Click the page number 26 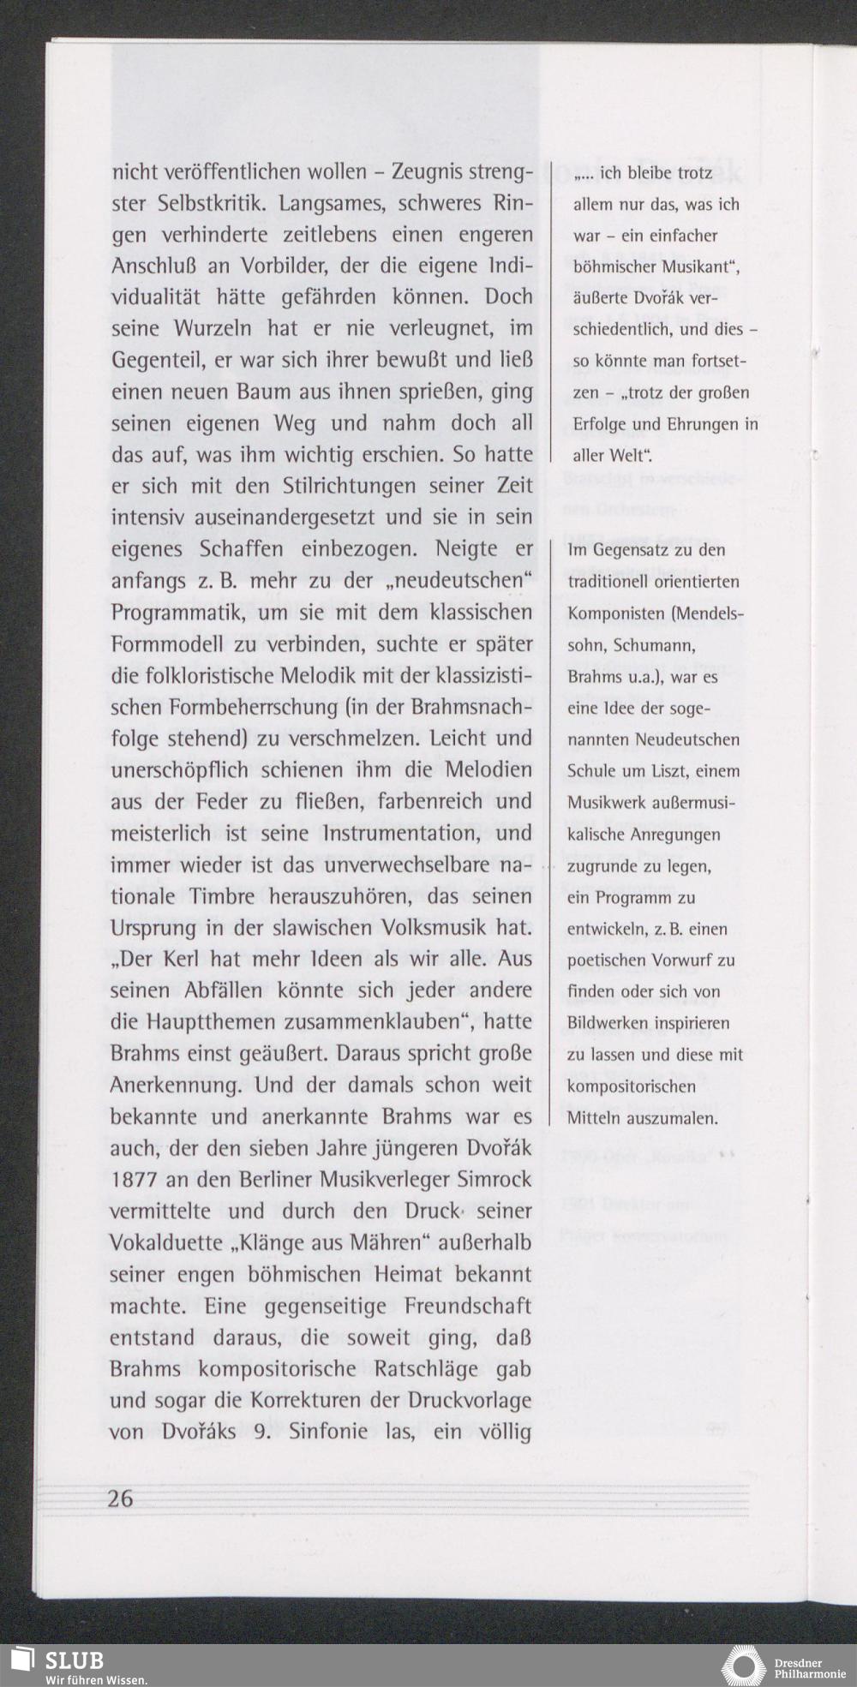(x=122, y=1499)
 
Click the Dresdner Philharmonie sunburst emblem (x=743, y=1666)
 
